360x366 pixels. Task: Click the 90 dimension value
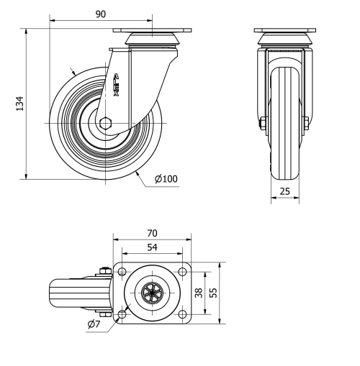tap(100, 14)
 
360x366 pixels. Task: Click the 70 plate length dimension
tap(152, 233)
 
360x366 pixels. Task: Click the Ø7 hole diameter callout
tap(94, 325)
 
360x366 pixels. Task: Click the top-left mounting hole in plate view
tap(122, 271)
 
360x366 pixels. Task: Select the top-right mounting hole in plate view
tap(183, 271)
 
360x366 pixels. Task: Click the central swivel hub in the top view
tap(153, 293)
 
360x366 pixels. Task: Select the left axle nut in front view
tap(262, 124)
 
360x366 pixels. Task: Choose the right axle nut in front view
tap(307, 124)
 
